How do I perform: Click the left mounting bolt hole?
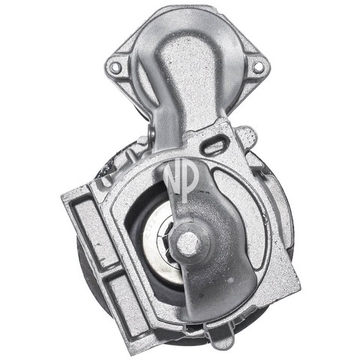point(115,67)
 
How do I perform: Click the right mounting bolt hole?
point(258,67)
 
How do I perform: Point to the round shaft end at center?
point(188,242)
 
